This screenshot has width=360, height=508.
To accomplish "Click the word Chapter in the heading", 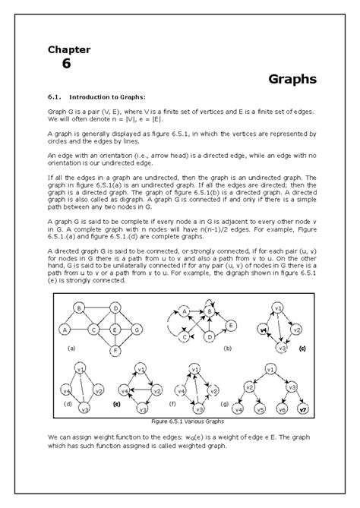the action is point(69,49).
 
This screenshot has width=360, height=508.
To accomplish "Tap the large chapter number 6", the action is point(66,65).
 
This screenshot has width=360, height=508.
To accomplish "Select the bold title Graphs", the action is point(292,79).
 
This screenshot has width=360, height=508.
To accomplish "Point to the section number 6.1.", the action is point(57,96).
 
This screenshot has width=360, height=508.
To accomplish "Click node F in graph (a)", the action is point(115,351).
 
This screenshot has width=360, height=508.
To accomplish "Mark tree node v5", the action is point(259,409).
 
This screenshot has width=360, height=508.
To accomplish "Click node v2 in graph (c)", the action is point(297,329).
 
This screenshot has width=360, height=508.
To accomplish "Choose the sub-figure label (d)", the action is point(68,405).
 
